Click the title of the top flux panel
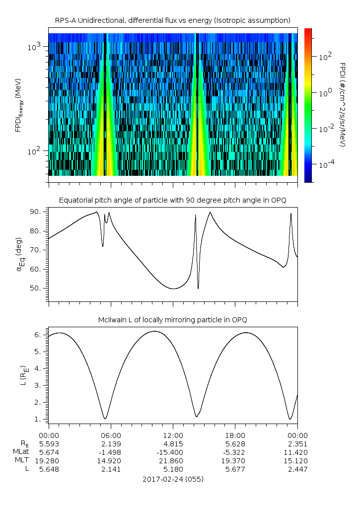(173, 20)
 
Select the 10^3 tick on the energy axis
(35, 47)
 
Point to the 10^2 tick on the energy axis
(35, 151)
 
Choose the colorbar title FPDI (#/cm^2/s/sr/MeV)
(342, 105)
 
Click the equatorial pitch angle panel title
(173, 200)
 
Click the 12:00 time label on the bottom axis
(173, 434)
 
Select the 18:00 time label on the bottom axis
(235, 434)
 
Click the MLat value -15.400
(173, 452)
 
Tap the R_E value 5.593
(49, 443)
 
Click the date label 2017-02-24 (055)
(173, 480)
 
